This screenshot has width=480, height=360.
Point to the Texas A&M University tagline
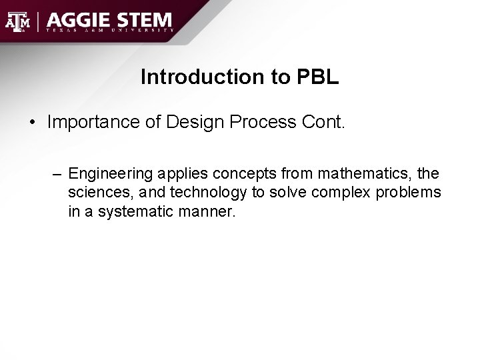110,31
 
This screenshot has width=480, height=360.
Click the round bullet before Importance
32,123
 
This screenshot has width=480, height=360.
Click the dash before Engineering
59,175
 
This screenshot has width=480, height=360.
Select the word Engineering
110,175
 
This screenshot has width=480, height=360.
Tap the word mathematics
365,175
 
